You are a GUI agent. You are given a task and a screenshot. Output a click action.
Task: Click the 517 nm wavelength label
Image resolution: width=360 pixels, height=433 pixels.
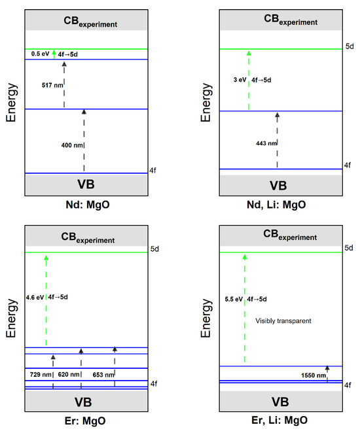tap(51, 84)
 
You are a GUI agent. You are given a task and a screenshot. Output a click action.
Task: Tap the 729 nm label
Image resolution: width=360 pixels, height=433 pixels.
tap(40, 373)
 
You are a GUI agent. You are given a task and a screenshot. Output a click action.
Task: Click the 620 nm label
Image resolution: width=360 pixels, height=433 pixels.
tap(68, 373)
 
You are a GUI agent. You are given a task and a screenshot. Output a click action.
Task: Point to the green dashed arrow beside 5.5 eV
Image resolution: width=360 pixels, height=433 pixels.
tap(244, 307)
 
